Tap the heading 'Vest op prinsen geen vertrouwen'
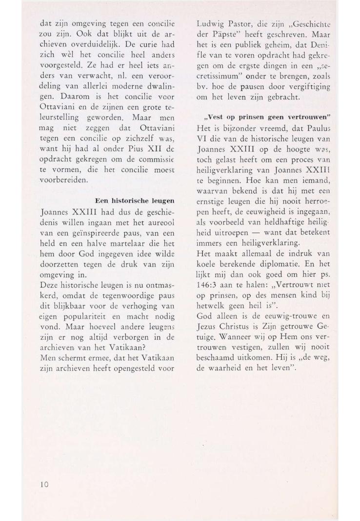pyautogui.click(x=264, y=117)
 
